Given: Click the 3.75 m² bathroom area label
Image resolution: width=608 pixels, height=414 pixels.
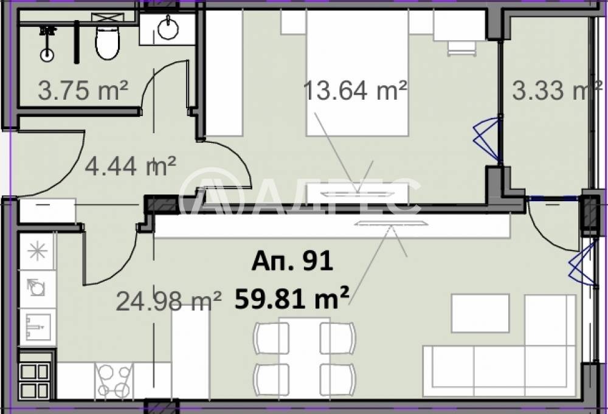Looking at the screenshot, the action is tap(83, 90).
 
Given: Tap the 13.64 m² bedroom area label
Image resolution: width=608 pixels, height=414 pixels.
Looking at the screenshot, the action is tap(355, 91).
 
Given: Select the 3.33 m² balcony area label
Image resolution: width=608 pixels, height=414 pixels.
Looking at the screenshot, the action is tap(557, 91).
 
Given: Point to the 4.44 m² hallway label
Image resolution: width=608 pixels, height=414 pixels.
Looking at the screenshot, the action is tap(130, 166).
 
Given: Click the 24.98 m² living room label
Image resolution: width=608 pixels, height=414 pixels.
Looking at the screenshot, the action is tap(168, 301).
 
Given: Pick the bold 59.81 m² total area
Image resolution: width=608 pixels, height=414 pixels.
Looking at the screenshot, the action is tap(292, 298).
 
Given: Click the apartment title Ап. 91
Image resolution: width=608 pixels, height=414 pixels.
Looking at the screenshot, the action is tap(292, 261).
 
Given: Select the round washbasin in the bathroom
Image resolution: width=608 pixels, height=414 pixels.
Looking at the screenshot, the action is tap(168, 28).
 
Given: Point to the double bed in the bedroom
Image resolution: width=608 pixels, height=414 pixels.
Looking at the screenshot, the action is tap(357, 72).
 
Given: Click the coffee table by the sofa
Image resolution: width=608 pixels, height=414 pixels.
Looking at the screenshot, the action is tap(480, 313).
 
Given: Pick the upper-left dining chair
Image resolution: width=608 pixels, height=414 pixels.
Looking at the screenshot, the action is tap(271, 337).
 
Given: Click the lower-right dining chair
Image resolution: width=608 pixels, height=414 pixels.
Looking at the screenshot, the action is tap(337, 379).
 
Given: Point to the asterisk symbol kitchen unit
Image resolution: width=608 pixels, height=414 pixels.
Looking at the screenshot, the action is tap(38, 251).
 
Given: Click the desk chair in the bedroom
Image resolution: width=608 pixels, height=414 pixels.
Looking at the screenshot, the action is tap(462, 49).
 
